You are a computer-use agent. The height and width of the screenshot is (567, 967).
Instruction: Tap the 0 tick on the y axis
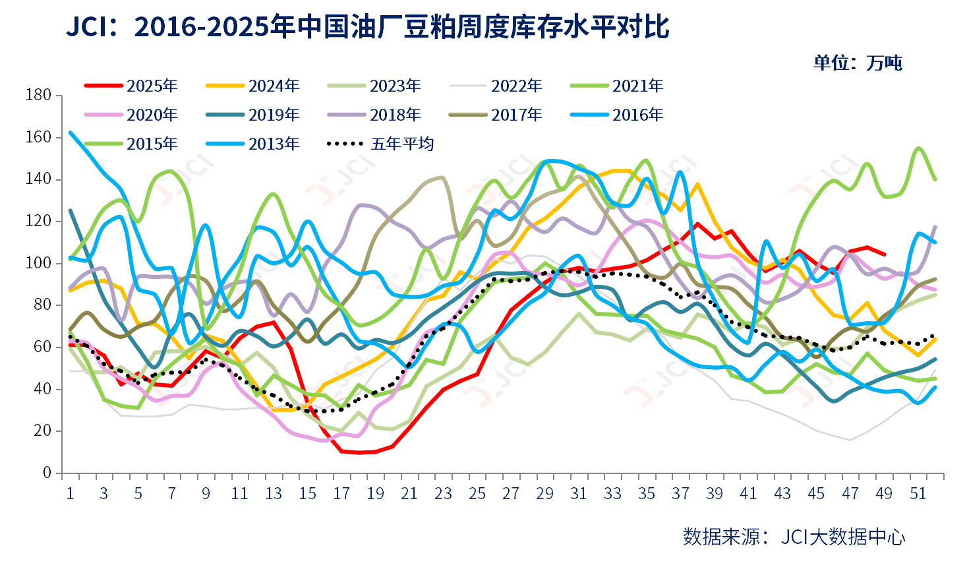(47, 473)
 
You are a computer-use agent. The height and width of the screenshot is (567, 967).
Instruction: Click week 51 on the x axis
(918, 494)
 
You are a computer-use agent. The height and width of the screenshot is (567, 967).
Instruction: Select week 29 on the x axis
(545, 494)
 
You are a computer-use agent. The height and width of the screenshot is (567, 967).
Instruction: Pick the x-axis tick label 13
(274, 494)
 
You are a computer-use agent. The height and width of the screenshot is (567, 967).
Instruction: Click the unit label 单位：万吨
(858, 63)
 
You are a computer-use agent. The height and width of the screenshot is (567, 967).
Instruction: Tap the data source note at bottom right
(794, 537)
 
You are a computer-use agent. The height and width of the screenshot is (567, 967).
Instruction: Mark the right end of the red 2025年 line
(885, 254)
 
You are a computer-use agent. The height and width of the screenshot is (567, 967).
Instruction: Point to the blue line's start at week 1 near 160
(71, 133)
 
